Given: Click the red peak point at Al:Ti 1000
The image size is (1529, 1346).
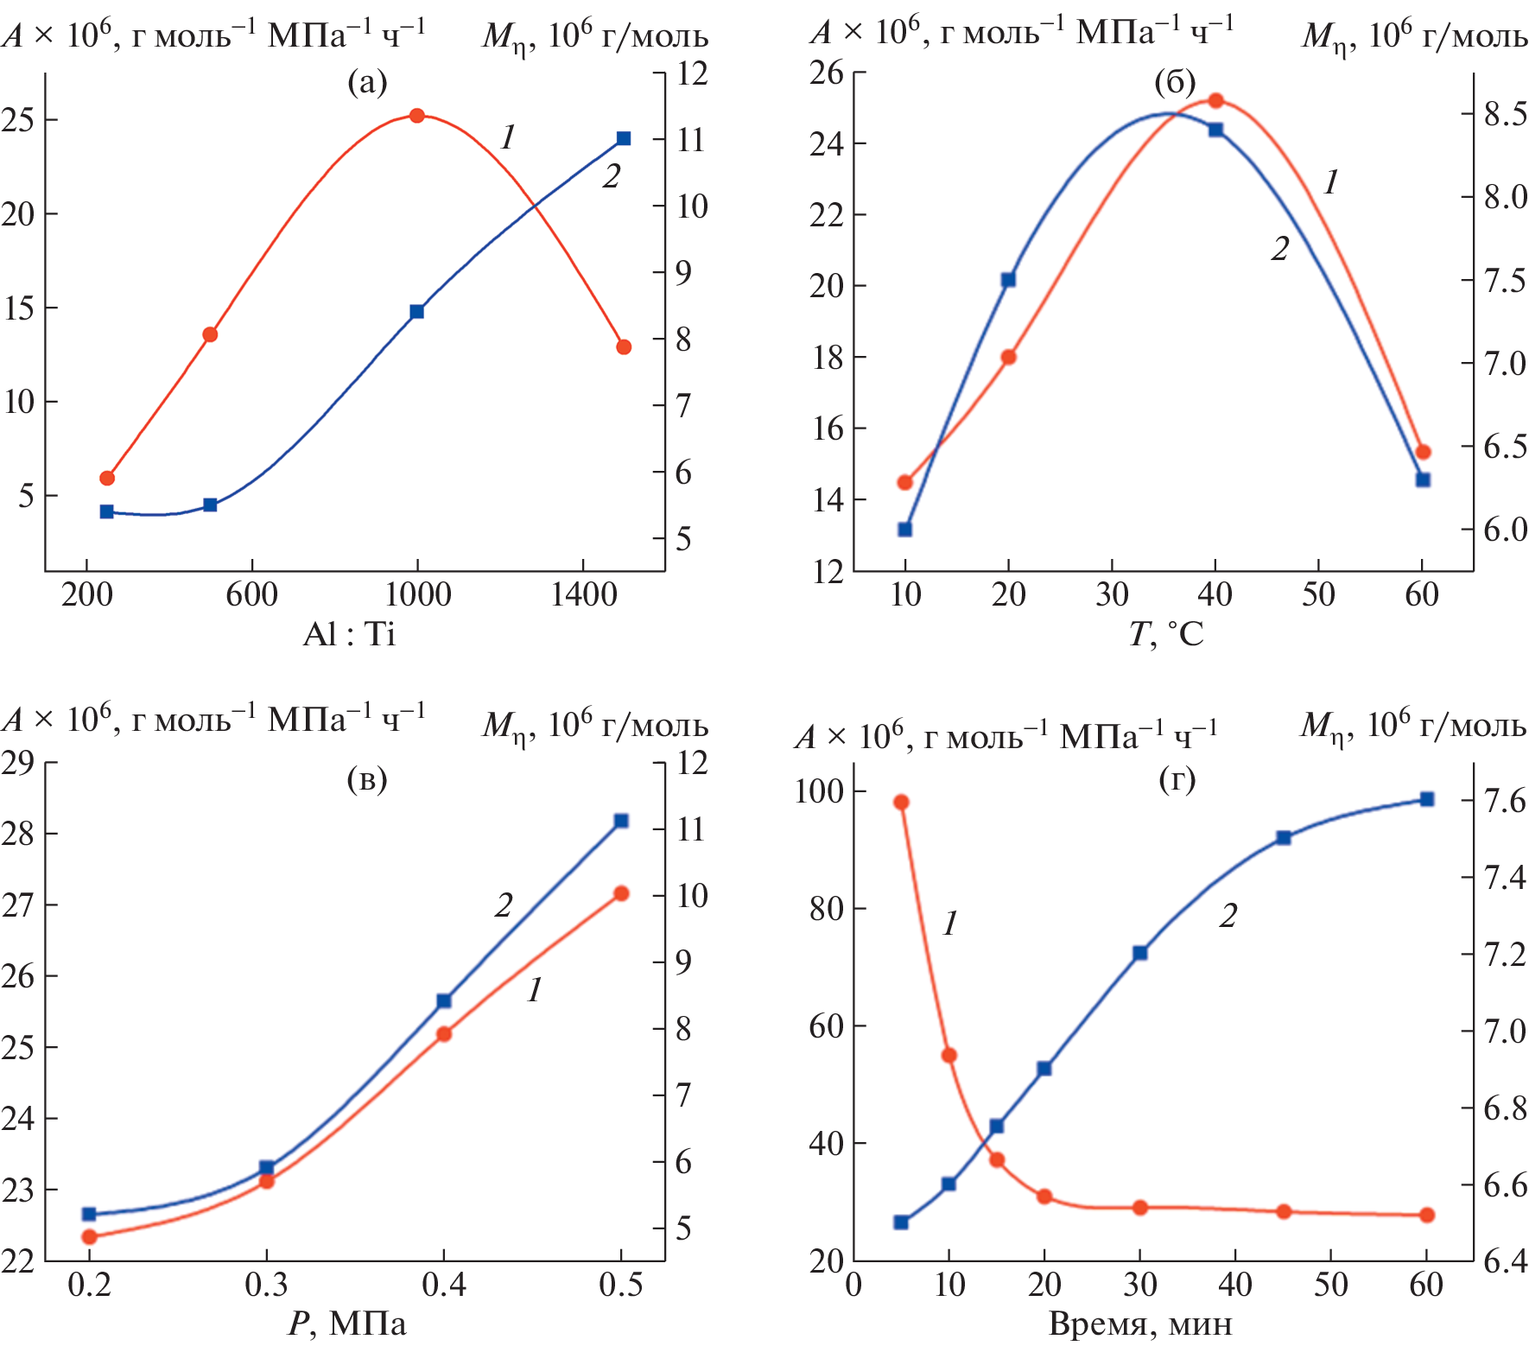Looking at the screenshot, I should click(417, 116).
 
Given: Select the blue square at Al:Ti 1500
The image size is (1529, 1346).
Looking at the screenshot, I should click(624, 138).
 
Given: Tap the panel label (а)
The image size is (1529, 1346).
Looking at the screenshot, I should click(367, 83).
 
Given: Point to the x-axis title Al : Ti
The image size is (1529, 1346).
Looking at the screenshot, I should click(349, 635).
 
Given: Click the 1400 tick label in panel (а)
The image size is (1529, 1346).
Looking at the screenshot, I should click(584, 594).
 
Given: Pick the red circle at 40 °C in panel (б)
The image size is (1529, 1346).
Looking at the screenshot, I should click(1215, 100).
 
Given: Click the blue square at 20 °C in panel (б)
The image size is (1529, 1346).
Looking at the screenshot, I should click(1008, 280).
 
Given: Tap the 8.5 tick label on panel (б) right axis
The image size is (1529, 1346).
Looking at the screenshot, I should click(1505, 114).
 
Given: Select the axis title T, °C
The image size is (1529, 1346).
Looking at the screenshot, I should click(1165, 635).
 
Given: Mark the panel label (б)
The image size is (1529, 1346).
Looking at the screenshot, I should click(1175, 83).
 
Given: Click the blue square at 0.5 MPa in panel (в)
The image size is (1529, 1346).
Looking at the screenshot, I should click(621, 821).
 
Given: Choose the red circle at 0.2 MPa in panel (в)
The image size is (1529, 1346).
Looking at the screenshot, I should click(89, 1236).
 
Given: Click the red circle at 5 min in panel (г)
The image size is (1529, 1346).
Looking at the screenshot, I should click(901, 803).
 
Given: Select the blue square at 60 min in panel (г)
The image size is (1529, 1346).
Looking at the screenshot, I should click(1427, 799).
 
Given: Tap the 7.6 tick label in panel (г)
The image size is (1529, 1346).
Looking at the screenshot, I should click(1505, 801).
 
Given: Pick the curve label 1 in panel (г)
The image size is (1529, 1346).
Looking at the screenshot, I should click(950, 924).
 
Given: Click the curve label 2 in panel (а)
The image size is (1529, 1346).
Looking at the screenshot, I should click(612, 177).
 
